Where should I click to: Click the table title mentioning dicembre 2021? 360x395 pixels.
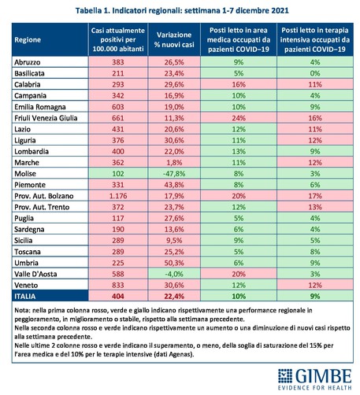[182, 10]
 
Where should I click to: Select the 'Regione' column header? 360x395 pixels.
[28, 40]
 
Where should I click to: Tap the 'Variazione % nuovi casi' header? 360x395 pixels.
[174, 40]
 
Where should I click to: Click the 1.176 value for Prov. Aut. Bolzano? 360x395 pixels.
[118, 196]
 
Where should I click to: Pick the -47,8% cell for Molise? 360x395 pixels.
[174, 174]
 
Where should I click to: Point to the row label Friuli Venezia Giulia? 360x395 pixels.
[46, 118]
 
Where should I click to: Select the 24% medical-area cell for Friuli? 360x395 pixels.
[239, 118]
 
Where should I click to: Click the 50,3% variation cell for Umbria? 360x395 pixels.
[174, 263]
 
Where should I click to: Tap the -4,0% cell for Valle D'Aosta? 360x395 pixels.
[174, 274]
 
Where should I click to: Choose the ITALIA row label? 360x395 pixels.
[25, 297]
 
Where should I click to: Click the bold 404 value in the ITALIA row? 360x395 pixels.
[118, 297]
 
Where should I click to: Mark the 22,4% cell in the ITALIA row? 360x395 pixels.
[174, 297]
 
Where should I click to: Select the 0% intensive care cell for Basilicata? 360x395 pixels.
[315, 73]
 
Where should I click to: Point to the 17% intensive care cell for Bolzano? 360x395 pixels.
[315, 196]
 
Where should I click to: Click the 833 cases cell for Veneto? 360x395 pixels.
[118, 285]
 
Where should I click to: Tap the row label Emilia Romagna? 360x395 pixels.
[40, 107]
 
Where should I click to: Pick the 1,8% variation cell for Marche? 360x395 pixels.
[174, 163]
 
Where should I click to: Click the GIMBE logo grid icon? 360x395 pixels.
[285, 375]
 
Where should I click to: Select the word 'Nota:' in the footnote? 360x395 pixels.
[23, 311]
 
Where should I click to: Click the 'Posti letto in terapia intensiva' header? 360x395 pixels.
[315, 40]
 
